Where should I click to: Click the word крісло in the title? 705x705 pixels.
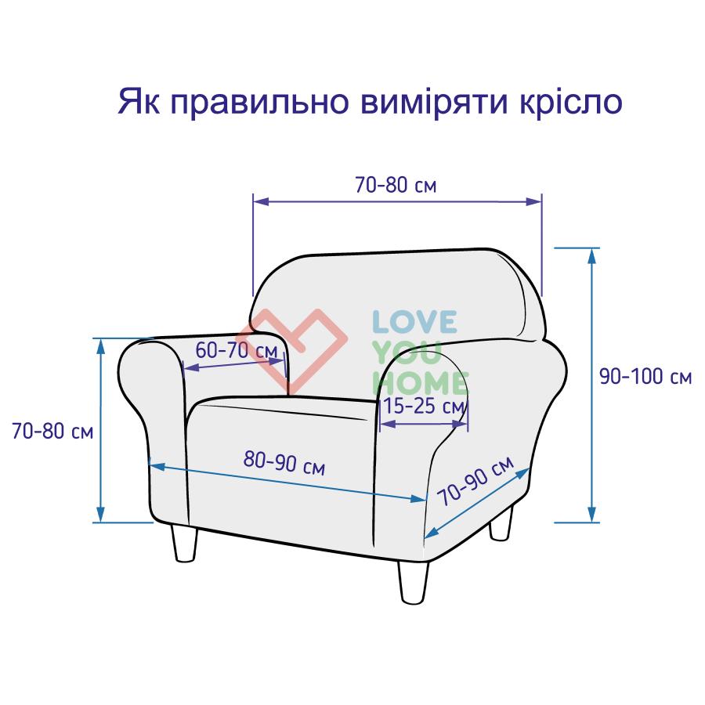point(571,103)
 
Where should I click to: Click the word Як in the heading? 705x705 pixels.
point(139,102)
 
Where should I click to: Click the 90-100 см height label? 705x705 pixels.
point(645,377)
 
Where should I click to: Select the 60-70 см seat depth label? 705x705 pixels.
point(237,351)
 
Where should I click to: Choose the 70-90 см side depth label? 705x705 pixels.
point(475,481)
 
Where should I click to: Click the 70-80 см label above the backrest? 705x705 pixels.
point(396,185)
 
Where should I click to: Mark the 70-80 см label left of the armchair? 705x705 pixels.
point(52,431)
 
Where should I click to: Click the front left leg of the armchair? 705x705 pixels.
point(185,544)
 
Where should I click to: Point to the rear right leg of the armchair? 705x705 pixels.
point(501,522)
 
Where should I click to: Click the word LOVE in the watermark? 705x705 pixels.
point(414,321)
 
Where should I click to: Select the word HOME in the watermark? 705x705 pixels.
point(421,383)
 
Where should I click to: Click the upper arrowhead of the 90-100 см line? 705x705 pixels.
point(592,255)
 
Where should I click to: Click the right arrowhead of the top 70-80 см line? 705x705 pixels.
point(534,201)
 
